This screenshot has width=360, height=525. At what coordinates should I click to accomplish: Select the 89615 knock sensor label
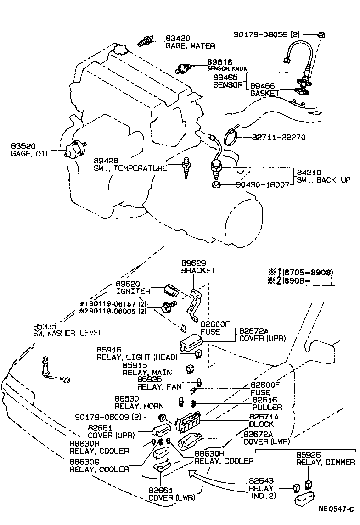tap(219, 62)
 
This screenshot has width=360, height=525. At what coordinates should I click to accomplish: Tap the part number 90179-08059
tap(261, 34)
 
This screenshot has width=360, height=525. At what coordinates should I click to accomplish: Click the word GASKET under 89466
tap(264, 93)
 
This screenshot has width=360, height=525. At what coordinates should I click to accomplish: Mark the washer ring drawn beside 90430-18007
tap(216, 185)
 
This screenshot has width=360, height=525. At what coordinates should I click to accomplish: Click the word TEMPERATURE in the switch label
tap(140, 168)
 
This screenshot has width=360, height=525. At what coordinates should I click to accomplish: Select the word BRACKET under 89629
tap(198, 271)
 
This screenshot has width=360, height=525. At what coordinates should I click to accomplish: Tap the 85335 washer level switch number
tap(45, 326)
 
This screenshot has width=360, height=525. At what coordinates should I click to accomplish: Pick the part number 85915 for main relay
tap(134, 365)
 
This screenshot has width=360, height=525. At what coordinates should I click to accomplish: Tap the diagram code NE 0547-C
tap(336, 508)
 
